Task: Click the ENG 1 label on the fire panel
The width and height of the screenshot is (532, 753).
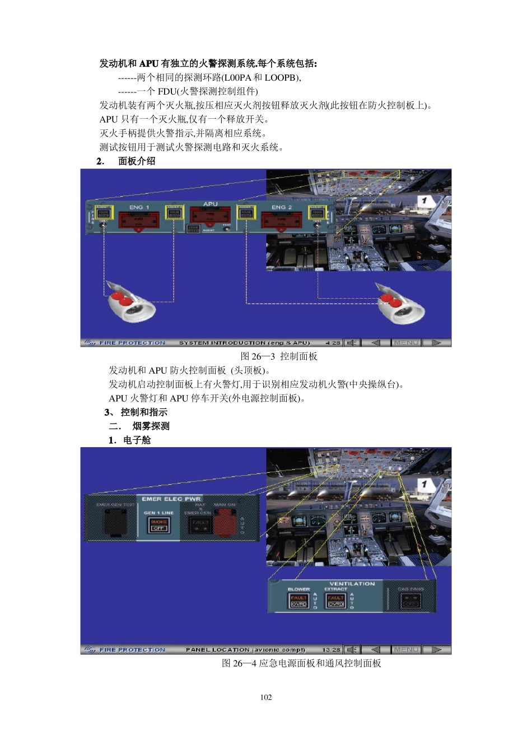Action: coord(139,207)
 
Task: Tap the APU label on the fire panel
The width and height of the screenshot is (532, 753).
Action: coord(211,204)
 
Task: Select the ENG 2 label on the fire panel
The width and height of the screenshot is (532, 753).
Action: coord(282,207)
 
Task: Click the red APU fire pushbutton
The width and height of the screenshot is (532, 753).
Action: coord(210,215)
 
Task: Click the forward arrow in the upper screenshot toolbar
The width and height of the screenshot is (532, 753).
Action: coord(437,343)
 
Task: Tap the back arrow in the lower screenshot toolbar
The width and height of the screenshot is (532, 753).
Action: coord(376,650)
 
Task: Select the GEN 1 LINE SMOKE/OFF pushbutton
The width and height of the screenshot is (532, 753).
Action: coord(159,525)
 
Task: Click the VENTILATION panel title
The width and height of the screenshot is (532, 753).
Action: coord(352,584)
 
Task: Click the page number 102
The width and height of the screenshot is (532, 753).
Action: coord(266,698)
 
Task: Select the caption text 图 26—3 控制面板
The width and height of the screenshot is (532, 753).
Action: coord(279,356)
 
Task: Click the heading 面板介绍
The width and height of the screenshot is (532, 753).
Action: coord(137,161)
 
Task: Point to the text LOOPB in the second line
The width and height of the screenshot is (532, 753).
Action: coord(282,78)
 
